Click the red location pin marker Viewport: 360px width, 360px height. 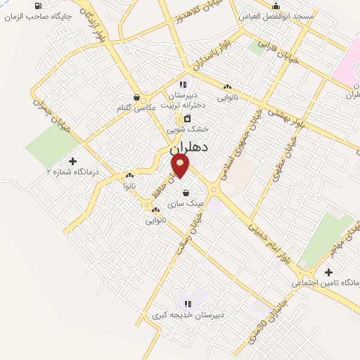(x=181, y=167)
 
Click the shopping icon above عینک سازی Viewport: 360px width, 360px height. (x=186, y=193)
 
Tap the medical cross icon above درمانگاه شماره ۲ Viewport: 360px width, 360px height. (x=72, y=161)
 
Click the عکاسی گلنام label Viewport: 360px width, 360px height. (x=136, y=108)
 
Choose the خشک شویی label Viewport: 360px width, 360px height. (x=188, y=129)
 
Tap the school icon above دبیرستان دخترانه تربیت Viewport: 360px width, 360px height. (x=183, y=85)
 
